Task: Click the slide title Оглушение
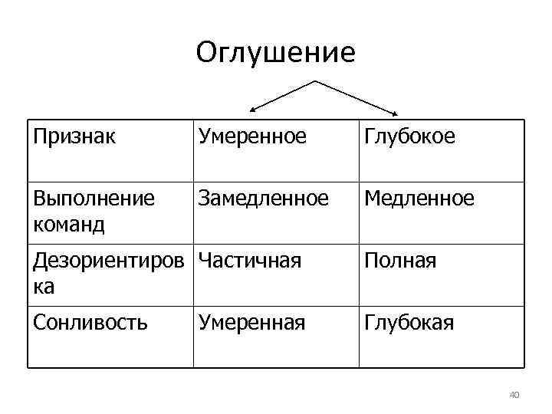pyautogui.click(x=275, y=53)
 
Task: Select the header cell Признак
pyautogui.click(x=75, y=136)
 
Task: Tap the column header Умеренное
pyautogui.click(x=252, y=136)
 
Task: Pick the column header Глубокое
pyautogui.click(x=409, y=136)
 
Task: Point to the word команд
pyautogui.click(x=70, y=225)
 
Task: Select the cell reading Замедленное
pyautogui.click(x=264, y=199)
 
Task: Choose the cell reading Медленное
pyautogui.click(x=419, y=199)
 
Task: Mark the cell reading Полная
pyautogui.click(x=400, y=261)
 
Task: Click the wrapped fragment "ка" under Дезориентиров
pyautogui.click(x=44, y=287)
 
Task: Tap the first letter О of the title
pyautogui.click(x=205, y=53)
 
